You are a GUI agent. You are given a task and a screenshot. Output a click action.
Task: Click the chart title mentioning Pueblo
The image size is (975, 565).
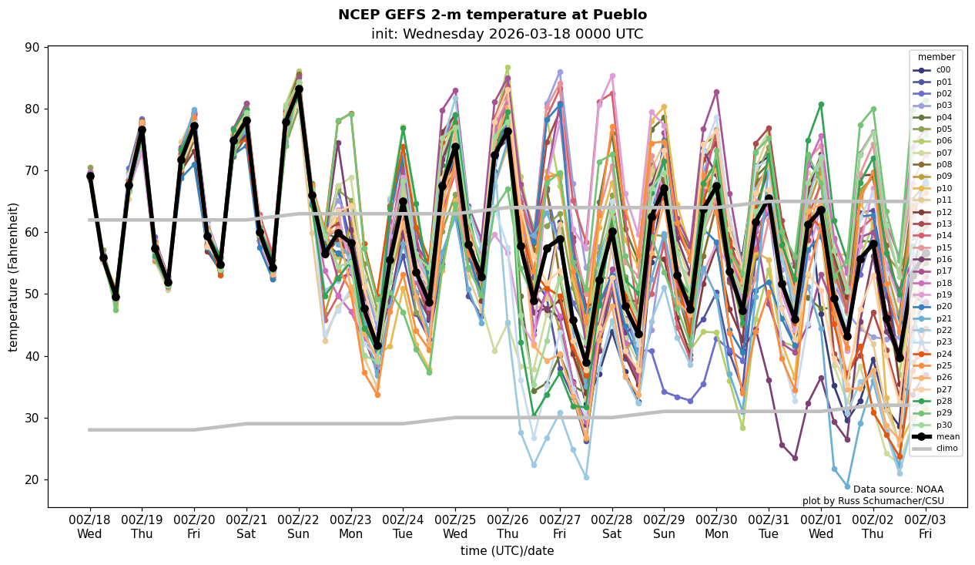(492, 15)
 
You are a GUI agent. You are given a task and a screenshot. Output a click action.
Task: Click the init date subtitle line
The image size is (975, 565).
(507, 34)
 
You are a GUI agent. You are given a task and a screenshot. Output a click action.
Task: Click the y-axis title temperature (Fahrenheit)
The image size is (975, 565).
(13, 277)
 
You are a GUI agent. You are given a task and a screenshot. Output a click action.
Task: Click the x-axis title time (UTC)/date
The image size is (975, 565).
(507, 551)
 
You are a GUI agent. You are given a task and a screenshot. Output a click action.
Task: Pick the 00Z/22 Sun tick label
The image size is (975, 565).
(299, 526)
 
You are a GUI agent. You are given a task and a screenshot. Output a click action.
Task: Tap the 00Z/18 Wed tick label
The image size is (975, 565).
(90, 526)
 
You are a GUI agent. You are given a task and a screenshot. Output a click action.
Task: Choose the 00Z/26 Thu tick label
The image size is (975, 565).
(508, 526)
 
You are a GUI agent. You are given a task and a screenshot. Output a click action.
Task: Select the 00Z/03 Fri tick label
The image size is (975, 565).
(925, 526)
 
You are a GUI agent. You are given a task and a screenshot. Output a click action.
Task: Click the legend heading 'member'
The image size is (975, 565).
(936, 57)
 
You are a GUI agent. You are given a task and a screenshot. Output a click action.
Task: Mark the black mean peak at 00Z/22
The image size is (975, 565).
(299, 89)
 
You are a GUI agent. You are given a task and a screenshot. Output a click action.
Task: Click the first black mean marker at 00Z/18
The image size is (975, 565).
(90, 177)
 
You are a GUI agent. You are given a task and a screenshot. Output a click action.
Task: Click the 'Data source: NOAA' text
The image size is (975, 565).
(898, 489)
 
